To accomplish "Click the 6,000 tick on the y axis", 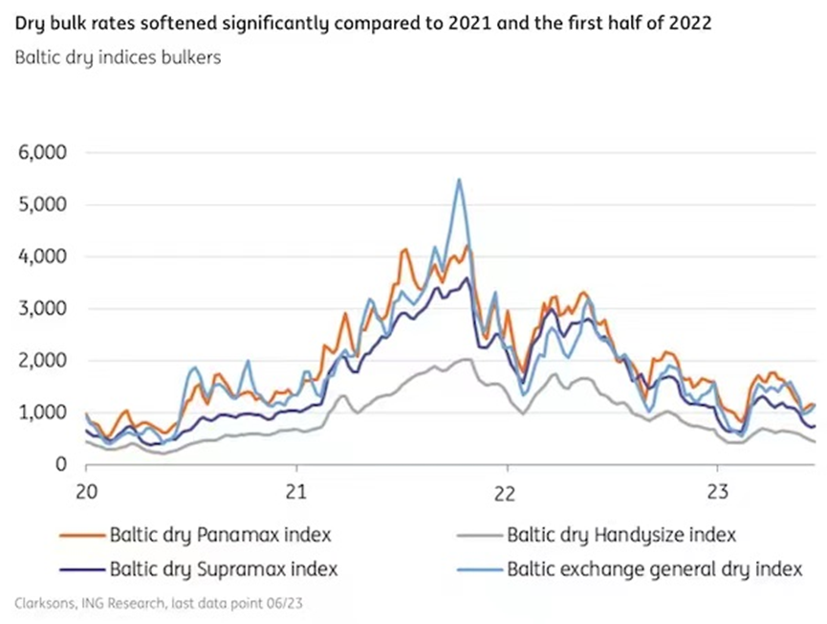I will pyautogui.click(x=39, y=153).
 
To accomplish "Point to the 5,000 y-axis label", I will pyautogui.click(x=39, y=205).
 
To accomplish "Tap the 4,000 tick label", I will pyautogui.click(x=39, y=256).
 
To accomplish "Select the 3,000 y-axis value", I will pyautogui.click(x=39, y=309).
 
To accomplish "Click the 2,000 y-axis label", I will pyautogui.click(x=39, y=361).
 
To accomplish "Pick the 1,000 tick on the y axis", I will pyautogui.click(x=39, y=412).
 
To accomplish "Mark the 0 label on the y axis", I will pyautogui.click(x=59, y=465).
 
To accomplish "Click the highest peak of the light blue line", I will pyautogui.click(x=459, y=179).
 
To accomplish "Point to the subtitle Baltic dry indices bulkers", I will pyautogui.click(x=118, y=57).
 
